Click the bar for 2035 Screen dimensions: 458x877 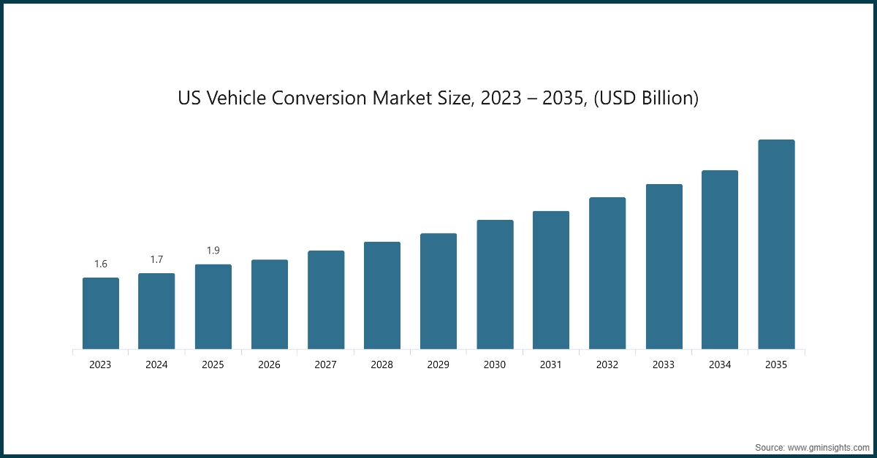[x=776, y=244]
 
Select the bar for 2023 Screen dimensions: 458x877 [x=101, y=313]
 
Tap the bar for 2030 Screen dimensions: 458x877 [x=495, y=284]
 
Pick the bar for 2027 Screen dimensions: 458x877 [x=326, y=299]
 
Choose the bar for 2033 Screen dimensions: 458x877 [x=664, y=267]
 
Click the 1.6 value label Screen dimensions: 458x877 [x=101, y=264]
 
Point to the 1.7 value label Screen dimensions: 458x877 [x=156, y=259]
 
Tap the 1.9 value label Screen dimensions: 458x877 [x=213, y=251]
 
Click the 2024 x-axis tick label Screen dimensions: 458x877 [x=156, y=365]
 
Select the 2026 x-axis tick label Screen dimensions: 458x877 [x=269, y=365]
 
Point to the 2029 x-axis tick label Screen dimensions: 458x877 [x=438, y=365]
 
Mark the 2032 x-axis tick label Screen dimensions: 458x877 [x=607, y=365]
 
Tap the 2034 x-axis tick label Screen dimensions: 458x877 [x=720, y=365]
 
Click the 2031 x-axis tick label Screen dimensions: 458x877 [x=551, y=365]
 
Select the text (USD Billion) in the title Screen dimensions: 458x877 [x=645, y=98]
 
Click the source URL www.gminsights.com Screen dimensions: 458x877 [x=827, y=446]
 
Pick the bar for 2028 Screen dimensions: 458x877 [x=382, y=295]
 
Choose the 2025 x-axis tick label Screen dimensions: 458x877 [x=213, y=365]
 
